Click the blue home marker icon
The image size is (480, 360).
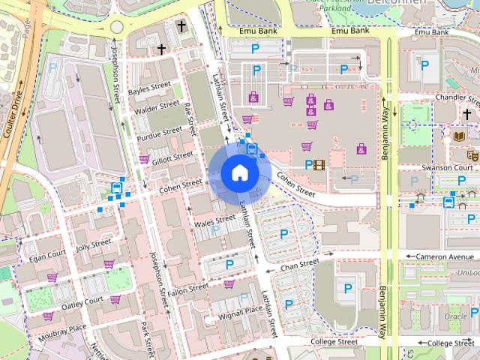(239, 172)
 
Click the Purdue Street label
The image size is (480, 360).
(159, 131)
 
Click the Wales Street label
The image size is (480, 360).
(214, 222)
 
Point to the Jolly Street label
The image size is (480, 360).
(93, 244)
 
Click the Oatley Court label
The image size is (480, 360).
(82, 301)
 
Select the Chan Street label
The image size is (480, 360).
(299, 265)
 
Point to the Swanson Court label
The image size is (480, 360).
(447, 167)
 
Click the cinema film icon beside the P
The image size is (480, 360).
(320, 165)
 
